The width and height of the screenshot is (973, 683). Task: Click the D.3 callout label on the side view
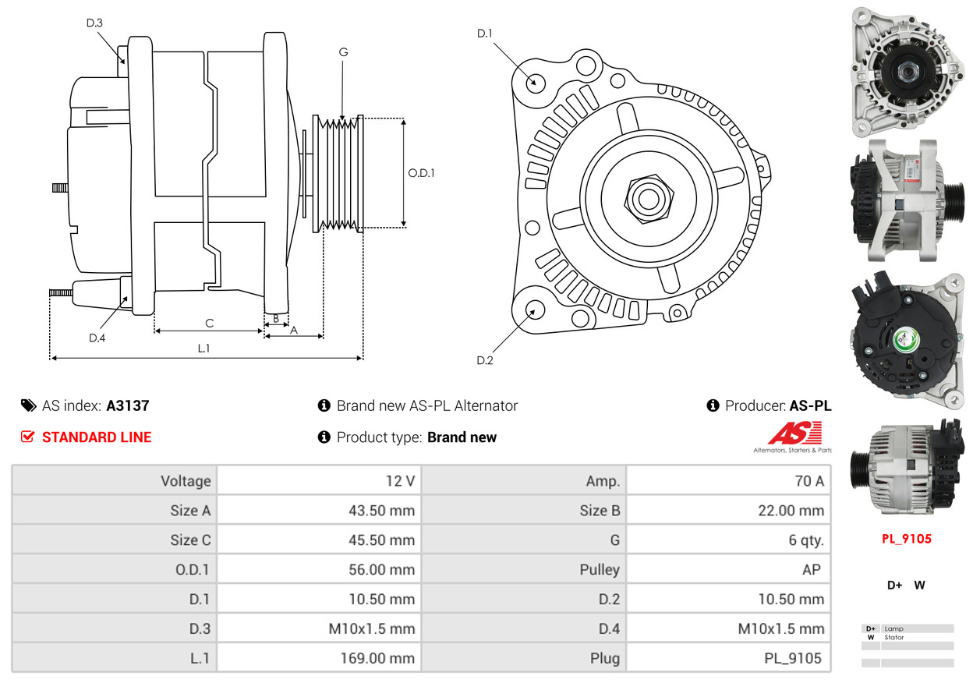tap(94, 23)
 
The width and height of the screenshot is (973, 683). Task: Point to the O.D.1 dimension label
tap(421, 172)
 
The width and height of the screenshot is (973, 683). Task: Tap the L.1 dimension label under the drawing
tap(203, 349)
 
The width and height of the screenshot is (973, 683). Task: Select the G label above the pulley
tap(343, 51)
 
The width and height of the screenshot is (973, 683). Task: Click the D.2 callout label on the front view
tap(485, 360)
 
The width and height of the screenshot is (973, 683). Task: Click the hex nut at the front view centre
tap(646, 198)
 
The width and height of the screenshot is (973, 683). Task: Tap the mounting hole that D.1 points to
tap(535, 81)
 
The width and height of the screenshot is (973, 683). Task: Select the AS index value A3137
tap(128, 405)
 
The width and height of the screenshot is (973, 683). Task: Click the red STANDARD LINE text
tap(97, 437)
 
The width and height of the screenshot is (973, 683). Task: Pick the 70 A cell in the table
tap(808, 481)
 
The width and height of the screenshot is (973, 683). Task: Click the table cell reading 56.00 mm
tap(381, 570)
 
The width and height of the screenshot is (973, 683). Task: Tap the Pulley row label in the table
tap(600, 570)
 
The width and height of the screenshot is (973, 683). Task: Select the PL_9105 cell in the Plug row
tap(792, 658)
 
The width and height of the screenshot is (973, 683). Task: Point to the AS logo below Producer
tap(794, 434)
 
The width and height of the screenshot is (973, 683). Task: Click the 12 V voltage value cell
tap(400, 481)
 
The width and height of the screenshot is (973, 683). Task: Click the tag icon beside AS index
tap(28, 405)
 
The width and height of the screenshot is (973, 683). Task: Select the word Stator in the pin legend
tap(894, 638)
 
